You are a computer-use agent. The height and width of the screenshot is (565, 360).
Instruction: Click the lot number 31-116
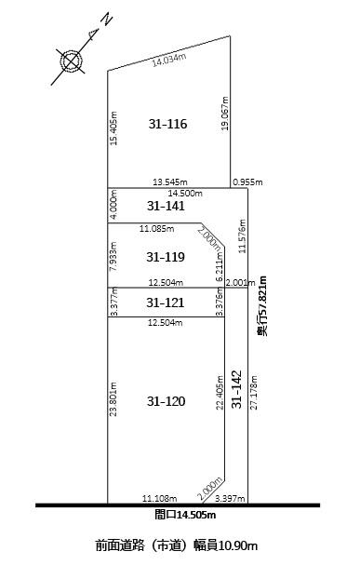click(x=167, y=124)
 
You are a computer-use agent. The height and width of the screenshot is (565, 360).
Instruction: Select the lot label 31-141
click(x=166, y=206)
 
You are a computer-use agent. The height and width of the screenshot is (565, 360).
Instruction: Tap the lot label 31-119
click(x=166, y=257)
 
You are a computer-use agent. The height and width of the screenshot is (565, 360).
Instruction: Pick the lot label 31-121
click(x=166, y=303)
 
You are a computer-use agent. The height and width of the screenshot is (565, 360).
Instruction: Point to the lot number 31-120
click(x=166, y=401)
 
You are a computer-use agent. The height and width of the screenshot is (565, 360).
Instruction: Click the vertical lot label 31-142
click(x=236, y=389)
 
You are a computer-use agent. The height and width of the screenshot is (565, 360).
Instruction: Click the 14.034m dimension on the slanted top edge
click(x=169, y=60)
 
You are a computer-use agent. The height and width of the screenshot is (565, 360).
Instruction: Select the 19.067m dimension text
click(x=225, y=114)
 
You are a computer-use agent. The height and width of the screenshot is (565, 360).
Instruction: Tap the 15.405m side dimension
click(x=113, y=128)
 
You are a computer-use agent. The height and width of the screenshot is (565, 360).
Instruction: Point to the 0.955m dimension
click(x=247, y=182)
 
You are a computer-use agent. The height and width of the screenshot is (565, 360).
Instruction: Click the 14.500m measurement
click(x=185, y=194)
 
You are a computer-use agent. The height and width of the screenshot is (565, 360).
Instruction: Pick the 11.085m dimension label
click(x=157, y=228)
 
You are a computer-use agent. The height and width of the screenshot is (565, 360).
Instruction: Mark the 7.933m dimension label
click(x=113, y=256)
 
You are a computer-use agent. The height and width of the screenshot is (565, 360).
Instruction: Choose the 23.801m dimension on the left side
click(x=113, y=399)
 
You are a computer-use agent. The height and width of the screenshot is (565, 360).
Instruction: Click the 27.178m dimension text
click(x=254, y=393)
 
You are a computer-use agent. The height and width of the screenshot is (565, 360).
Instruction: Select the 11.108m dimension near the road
click(x=159, y=499)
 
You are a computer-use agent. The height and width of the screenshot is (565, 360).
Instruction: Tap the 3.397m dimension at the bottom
click(x=230, y=499)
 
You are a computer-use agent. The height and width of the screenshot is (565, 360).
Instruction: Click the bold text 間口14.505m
click(x=185, y=515)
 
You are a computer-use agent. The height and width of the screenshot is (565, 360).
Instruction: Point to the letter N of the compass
click(x=108, y=20)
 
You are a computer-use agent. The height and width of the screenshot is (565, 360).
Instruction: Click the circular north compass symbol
click(x=71, y=61)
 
